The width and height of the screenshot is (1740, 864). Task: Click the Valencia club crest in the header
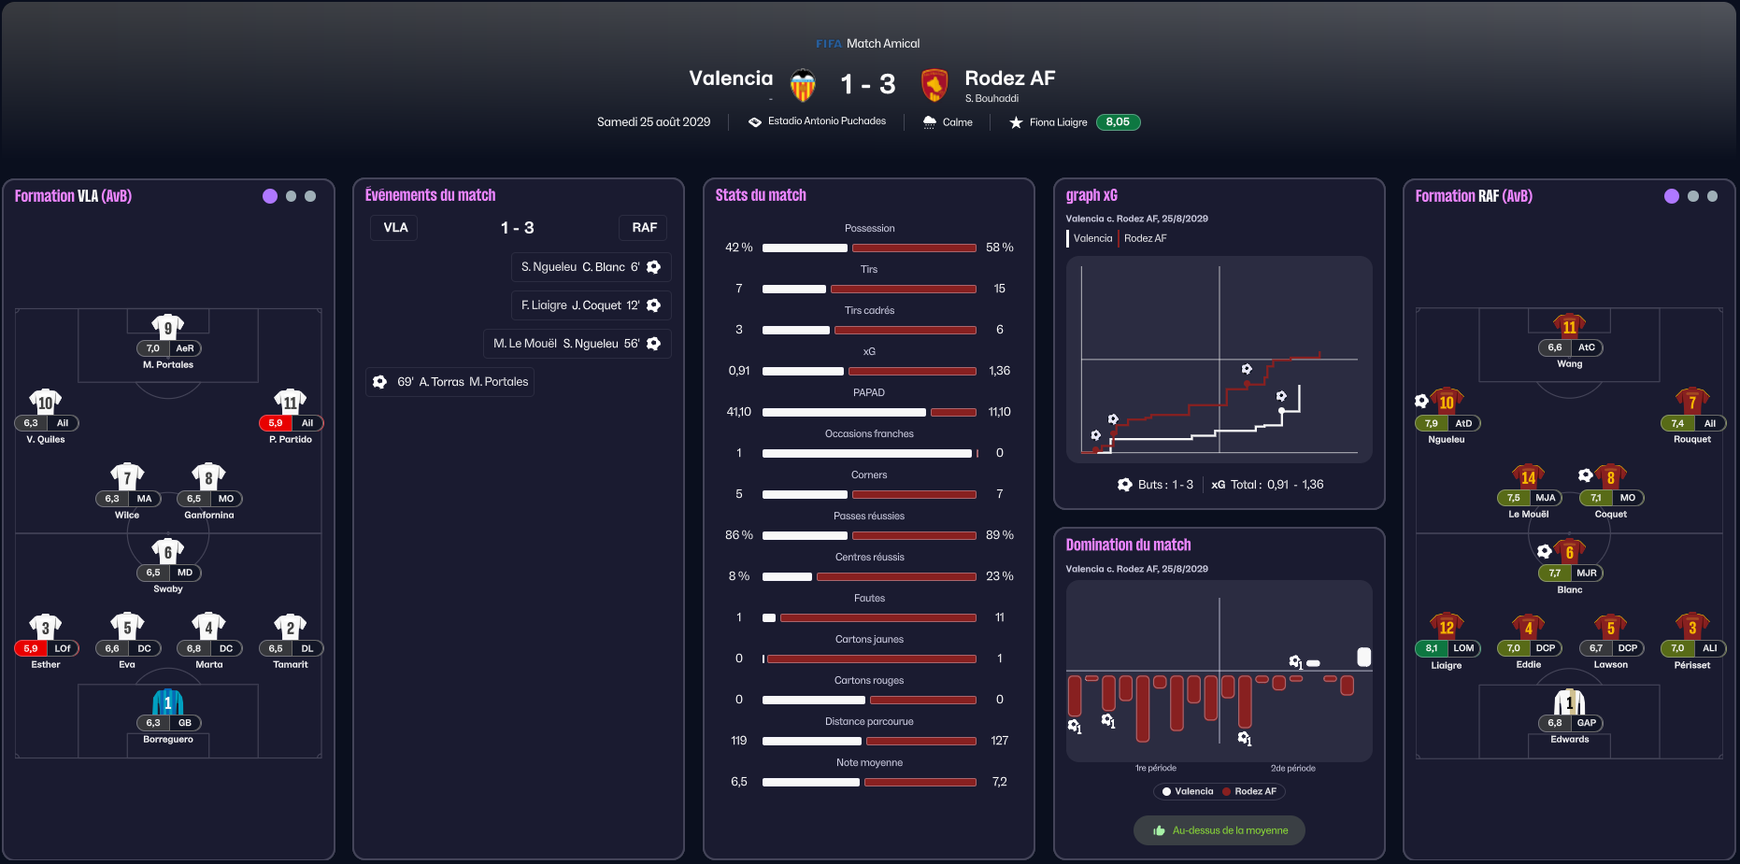(x=803, y=85)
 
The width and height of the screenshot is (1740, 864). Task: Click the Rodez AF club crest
(x=934, y=85)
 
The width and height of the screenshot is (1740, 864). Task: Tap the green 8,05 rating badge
(x=1118, y=122)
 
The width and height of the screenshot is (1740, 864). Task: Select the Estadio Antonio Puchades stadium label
(x=827, y=121)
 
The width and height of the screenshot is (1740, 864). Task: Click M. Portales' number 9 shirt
(x=168, y=326)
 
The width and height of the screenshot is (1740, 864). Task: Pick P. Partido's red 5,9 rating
(x=276, y=423)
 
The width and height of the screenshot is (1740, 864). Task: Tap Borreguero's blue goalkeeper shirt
(x=168, y=701)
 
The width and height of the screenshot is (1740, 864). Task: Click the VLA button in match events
(x=395, y=228)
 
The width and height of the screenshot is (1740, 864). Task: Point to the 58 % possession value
(x=1000, y=248)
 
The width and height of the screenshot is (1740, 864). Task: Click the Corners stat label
(x=869, y=475)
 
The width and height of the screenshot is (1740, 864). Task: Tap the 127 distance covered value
(x=1000, y=741)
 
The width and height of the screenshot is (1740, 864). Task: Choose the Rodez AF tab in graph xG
(x=1146, y=238)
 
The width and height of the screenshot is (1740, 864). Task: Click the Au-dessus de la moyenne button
(x=1219, y=830)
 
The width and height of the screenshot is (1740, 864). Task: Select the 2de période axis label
(x=1293, y=769)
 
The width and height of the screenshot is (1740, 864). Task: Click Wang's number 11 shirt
(x=1570, y=326)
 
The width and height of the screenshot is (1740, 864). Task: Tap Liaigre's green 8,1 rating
(x=1432, y=648)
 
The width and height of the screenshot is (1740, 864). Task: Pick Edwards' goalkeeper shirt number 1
(x=1570, y=701)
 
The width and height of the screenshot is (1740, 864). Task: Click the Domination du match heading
(x=1128, y=545)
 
